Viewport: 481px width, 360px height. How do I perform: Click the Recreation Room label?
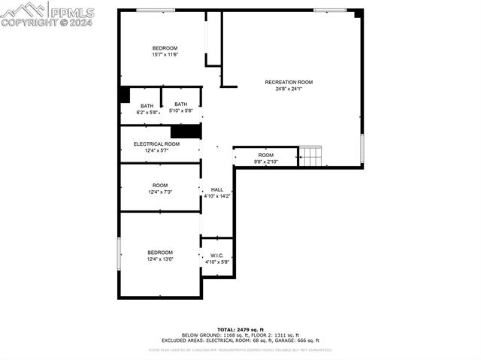289,82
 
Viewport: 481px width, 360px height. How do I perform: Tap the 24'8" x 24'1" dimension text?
289,89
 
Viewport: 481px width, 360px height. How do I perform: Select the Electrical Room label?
156,144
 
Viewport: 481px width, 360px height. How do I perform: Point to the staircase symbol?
310,156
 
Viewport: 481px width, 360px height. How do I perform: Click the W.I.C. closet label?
216,256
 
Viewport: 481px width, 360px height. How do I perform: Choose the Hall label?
217,189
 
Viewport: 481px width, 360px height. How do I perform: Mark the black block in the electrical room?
186,132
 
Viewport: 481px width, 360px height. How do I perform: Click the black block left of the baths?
124,95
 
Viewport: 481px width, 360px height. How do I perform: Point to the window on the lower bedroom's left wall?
119,253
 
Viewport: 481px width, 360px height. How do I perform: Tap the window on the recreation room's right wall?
362,148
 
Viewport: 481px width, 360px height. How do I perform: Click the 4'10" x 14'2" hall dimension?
217,196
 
